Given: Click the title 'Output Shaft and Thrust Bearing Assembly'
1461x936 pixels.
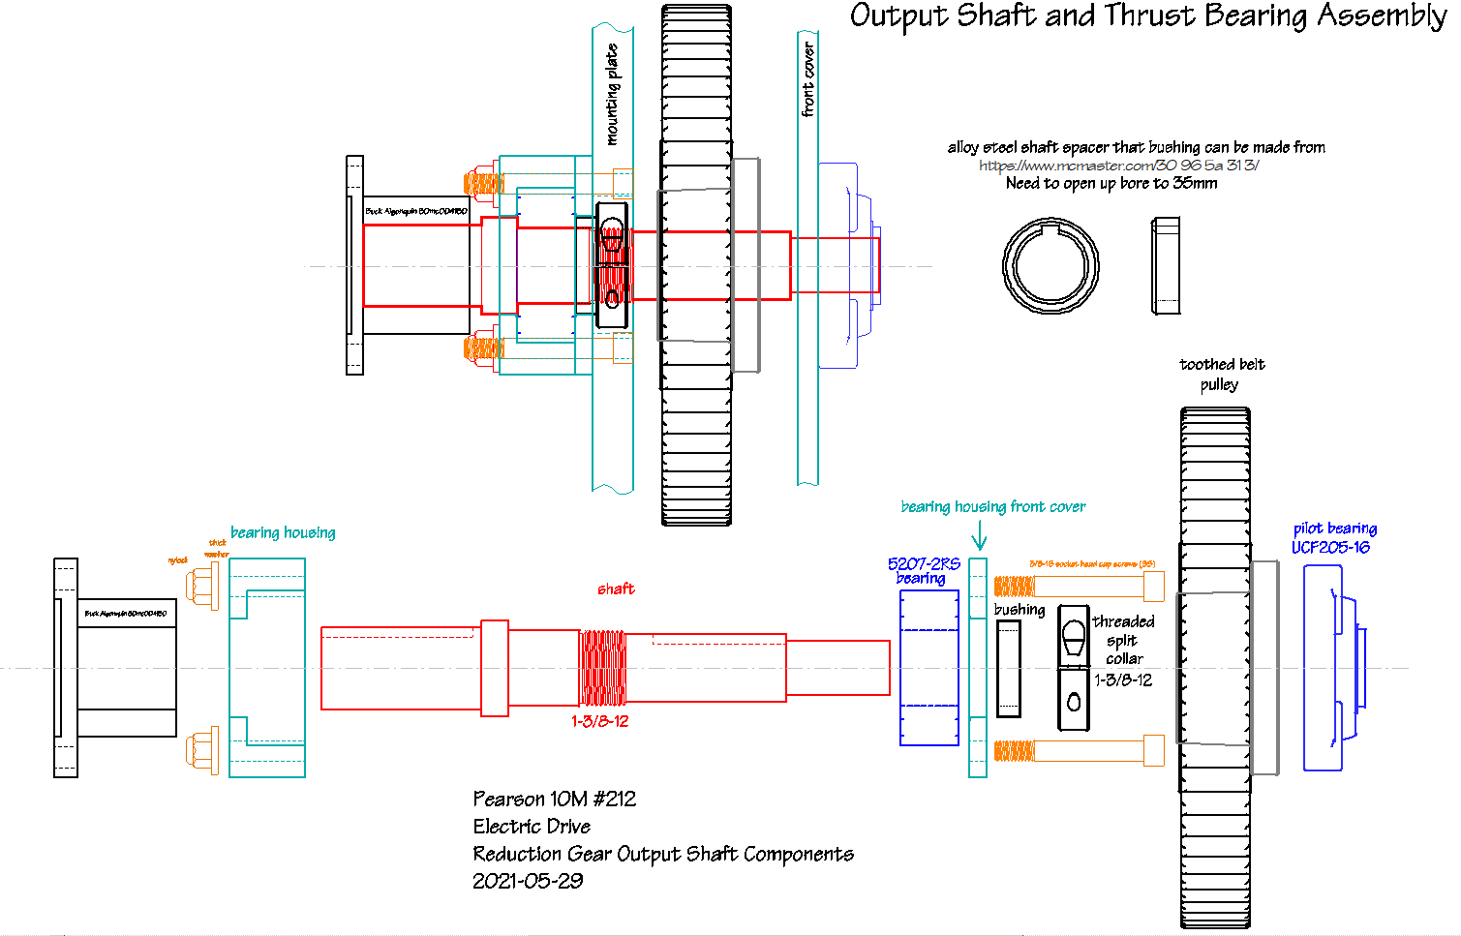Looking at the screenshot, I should (x=1147, y=16).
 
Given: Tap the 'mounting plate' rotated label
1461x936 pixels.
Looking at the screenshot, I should (x=612, y=95).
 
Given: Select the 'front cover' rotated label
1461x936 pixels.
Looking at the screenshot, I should (x=808, y=79).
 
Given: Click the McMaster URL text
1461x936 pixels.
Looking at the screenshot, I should (x=1118, y=166).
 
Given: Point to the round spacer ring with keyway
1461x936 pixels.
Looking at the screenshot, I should (x=1050, y=265).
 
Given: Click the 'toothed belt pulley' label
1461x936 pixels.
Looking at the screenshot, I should (x=1221, y=374).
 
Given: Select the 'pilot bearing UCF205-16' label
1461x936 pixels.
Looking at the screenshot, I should (x=1333, y=538).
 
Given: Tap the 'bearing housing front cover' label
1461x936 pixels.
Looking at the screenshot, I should (x=992, y=506).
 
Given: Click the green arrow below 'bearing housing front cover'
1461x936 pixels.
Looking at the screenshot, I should (x=979, y=536).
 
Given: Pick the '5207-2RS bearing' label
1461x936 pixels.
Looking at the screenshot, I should (x=924, y=570).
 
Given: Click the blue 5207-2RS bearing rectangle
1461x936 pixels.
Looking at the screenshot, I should (x=928, y=668).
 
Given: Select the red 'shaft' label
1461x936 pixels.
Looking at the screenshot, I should (x=616, y=589).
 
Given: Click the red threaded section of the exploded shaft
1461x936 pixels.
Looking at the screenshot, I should (x=602, y=668).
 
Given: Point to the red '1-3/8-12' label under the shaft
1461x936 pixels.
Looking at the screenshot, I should (x=599, y=721).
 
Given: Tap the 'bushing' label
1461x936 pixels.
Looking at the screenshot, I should (x=1020, y=610).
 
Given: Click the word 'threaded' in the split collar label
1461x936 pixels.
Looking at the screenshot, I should (x=1123, y=621).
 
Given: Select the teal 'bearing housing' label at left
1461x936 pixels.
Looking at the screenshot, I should (x=283, y=532).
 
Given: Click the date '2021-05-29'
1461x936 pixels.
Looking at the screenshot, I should (x=528, y=881).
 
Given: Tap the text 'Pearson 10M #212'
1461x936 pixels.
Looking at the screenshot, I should (x=554, y=799).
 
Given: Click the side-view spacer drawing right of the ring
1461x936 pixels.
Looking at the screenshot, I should (x=1166, y=266).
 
